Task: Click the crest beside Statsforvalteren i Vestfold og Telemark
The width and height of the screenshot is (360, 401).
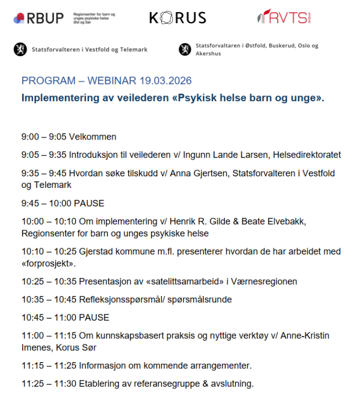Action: tap(20, 50)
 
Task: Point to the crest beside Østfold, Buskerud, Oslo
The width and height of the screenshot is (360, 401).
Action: tap(185, 50)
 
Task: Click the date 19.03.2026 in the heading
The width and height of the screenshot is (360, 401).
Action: tap(165, 81)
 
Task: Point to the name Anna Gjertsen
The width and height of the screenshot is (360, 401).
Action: tap(201, 173)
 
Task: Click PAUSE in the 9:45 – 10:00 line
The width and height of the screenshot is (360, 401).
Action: tap(89, 203)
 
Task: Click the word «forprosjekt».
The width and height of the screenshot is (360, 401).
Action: tap(48, 263)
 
